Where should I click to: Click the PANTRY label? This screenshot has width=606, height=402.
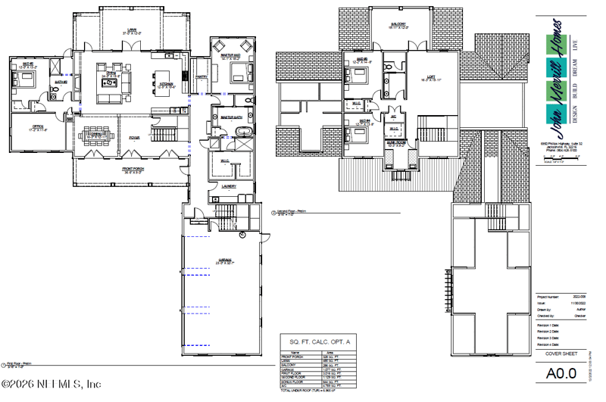point(201,76)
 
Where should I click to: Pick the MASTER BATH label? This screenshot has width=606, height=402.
point(230,117)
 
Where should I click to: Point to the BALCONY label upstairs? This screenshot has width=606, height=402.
point(399,25)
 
